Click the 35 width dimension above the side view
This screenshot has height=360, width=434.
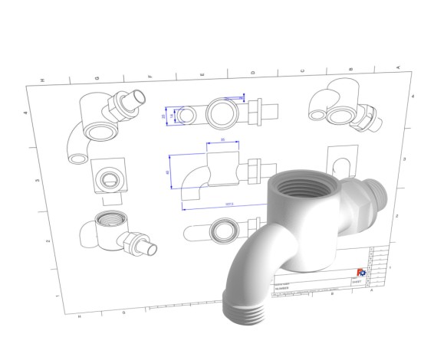pos(222,140)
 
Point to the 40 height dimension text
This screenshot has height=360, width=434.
pos(168,173)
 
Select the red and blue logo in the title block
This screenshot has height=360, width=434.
pos(361,272)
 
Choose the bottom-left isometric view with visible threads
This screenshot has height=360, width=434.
pos(119,234)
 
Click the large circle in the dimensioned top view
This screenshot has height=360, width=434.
pos(224,115)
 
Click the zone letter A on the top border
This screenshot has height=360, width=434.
pos(399,68)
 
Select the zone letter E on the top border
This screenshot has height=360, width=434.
pos(202,75)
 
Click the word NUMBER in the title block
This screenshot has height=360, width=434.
pos(282,288)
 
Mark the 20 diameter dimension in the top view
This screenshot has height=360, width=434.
pos(164,116)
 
